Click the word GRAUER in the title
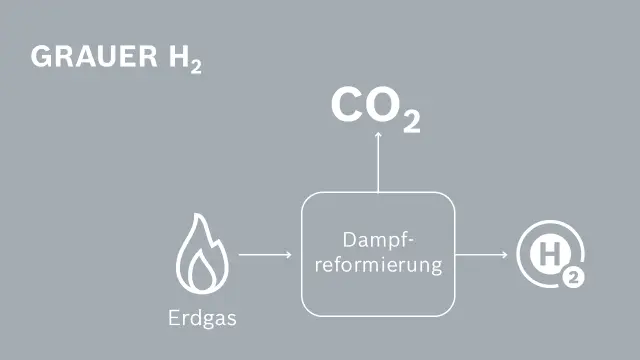(x=88, y=57)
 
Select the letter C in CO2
(x=348, y=107)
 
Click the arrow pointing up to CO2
(x=378, y=165)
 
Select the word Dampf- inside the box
(x=378, y=241)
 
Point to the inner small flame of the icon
(x=203, y=271)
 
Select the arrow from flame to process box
(x=265, y=254)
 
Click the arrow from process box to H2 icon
(x=482, y=254)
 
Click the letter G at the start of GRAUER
(x=40, y=57)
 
